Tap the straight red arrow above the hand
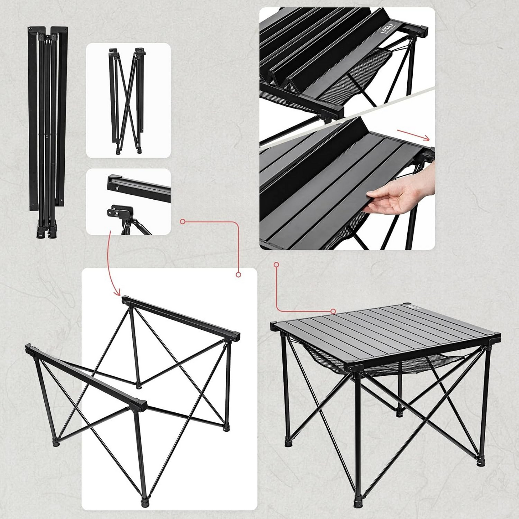tap(413, 134)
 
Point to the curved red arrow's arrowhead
tap(117, 293)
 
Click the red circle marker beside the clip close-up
tap(182, 222)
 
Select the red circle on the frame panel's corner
tap(238, 274)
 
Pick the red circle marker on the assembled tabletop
tap(333, 311)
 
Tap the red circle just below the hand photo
tap(276, 265)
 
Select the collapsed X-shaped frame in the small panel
tap(127, 101)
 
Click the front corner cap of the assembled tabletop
tap(354, 369)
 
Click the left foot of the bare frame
tap(56, 442)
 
